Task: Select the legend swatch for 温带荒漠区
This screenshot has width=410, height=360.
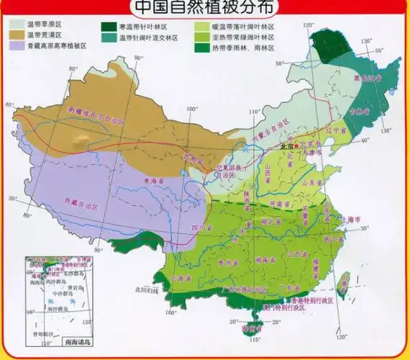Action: (17, 35)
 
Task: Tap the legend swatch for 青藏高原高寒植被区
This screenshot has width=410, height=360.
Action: (17, 45)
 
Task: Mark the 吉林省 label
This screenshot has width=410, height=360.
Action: (353, 112)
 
